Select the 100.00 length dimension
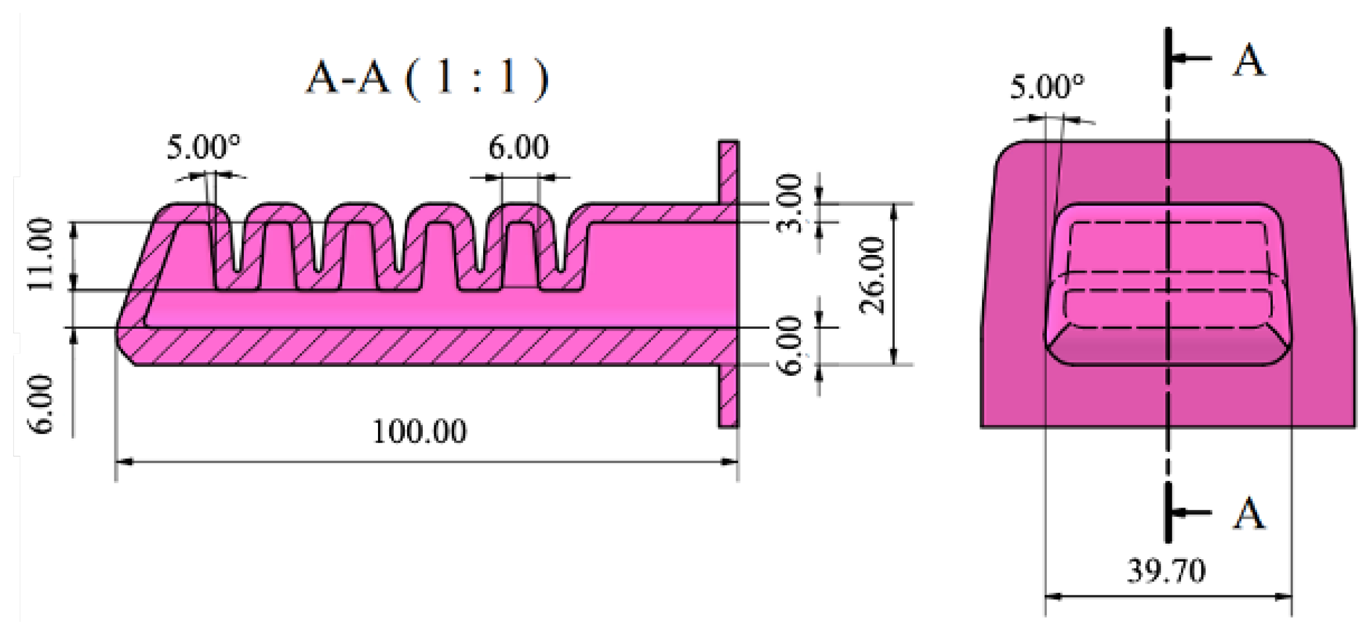pyautogui.click(x=419, y=432)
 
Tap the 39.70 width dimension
pyautogui.click(x=1166, y=571)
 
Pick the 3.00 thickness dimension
pyautogui.click(x=790, y=203)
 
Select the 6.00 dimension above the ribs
pyautogui.click(x=518, y=148)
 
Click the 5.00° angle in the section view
pyautogui.click(x=203, y=148)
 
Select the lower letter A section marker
pyautogui.click(x=1248, y=513)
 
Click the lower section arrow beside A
pyautogui.click(x=1190, y=512)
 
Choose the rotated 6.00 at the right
pyautogui.click(x=790, y=346)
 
